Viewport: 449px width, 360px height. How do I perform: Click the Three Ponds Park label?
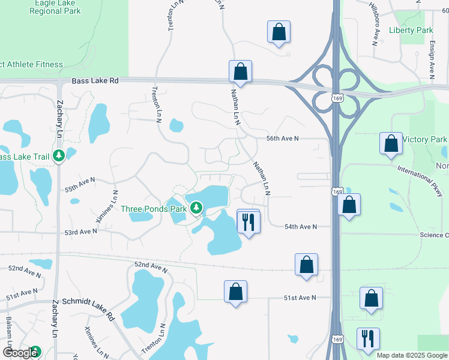pyautogui.click(x=154, y=209)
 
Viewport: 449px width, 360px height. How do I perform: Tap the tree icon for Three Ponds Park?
pyautogui.click(x=196, y=209)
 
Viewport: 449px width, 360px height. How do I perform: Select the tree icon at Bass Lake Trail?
pyautogui.click(x=59, y=157)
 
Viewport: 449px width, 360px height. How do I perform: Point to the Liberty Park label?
pyautogui.click(x=411, y=30)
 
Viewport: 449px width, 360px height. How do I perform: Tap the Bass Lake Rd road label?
pyautogui.click(x=95, y=80)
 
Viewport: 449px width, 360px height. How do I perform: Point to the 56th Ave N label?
pyautogui.click(x=282, y=138)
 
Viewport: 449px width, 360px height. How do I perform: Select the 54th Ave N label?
pyautogui.click(x=300, y=226)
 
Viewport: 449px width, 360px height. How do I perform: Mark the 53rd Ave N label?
pyautogui.click(x=81, y=231)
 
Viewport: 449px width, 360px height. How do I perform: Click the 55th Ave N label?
pyautogui.click(x=80, y=184)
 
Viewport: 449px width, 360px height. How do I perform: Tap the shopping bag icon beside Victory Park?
pyautogui.click(x=391, y=144)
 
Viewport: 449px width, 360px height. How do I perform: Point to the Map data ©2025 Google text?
pyautogui.click(x=411, y=355)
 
